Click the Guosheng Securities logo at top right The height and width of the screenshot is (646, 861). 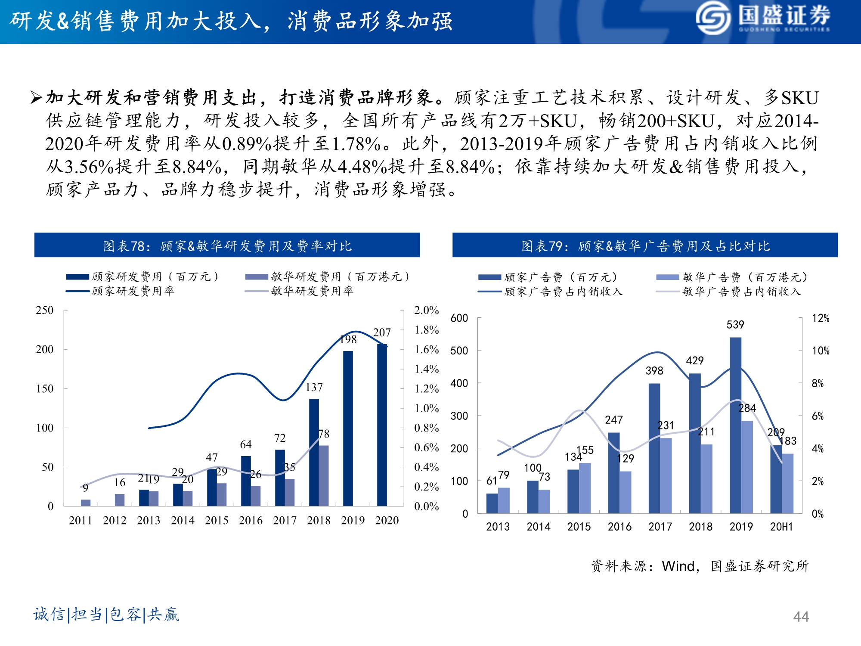click(x=762, y=18)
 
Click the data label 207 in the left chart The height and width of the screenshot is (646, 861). click(x=382, y=332)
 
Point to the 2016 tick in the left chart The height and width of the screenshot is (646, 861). click(x=251, y=520)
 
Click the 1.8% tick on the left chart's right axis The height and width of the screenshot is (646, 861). click(x=426, y=330)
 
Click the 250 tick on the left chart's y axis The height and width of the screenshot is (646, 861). click(x=45, y=310)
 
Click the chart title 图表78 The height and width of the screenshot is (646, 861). click(x=227, y=245)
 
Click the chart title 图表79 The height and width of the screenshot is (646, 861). click(x=645, y=245)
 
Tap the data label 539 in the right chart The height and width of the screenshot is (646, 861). click(x=735, y=325)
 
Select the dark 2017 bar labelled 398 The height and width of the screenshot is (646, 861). click(x=654, y=448)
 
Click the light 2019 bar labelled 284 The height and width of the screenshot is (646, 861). click(x=747, y=467)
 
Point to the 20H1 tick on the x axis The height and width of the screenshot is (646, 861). click(x=781, y=526)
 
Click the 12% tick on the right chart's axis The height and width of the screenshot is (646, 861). click(x=820, y=318)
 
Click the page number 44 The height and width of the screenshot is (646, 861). click(x=801, y=617)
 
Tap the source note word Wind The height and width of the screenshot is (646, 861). click(x=678, y=566)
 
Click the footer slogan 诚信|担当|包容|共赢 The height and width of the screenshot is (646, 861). click(x=106, y=614)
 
